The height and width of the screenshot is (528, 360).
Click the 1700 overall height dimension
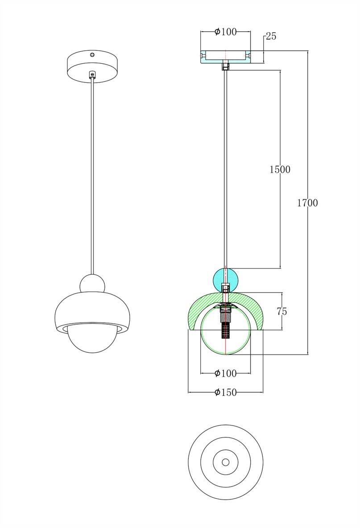[307, 203]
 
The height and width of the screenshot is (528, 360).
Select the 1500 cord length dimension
[280, 169]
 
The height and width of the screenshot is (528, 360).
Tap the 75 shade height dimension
[282, 312]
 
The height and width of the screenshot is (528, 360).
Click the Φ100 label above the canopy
[226, 32]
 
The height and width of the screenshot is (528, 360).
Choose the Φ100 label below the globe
[226, 373]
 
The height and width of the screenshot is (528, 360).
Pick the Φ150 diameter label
[226, 392]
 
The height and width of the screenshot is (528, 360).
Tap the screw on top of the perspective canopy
[92, 54]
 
